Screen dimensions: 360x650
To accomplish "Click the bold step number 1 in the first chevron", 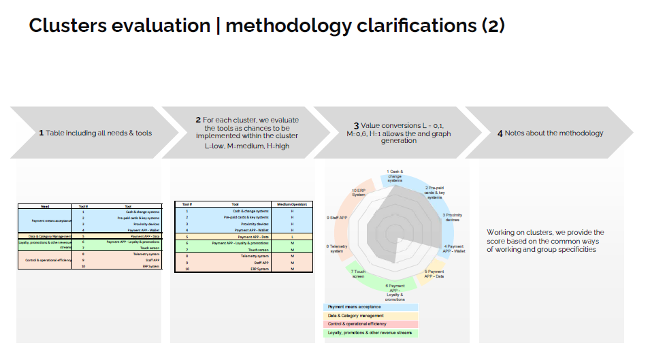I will click(x=41, y=133).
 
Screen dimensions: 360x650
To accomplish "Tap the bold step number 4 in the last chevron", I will click(x=500, y=133).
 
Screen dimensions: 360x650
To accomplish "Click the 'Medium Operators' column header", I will click(x=291, y=203).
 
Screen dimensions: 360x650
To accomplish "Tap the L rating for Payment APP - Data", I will click(x=291, y=236).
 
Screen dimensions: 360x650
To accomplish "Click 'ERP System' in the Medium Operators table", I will click(x=257, y=269).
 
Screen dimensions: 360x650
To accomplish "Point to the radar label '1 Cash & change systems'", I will click(x=395, y=176).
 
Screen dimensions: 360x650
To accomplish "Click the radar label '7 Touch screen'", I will click(x=359, y=274).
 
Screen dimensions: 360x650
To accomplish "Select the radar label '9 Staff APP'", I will click(x=338, y=218).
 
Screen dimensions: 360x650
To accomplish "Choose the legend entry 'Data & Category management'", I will click(x=356, y=316).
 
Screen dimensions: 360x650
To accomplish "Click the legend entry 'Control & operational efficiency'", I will click(x=361, y=324).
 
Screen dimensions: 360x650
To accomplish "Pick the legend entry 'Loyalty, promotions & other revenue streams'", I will click(x=371, y=333).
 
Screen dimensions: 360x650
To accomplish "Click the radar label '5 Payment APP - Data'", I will click(x=434, y=274).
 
